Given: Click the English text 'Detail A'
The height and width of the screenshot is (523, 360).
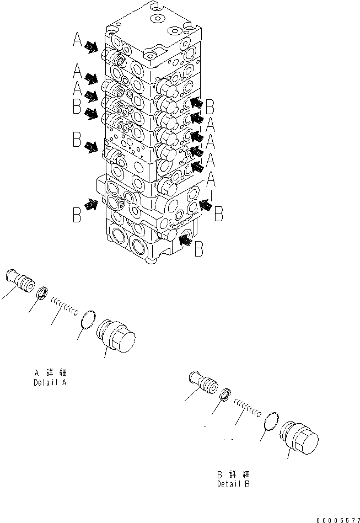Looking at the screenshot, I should click(x=50, y=382).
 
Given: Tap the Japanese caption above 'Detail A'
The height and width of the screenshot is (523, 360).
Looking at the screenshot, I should click(x=50, y=372).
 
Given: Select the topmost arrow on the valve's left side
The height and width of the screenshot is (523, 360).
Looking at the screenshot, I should click(x=92, y=49).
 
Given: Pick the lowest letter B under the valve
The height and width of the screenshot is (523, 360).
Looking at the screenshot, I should click(x=198, y=249).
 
